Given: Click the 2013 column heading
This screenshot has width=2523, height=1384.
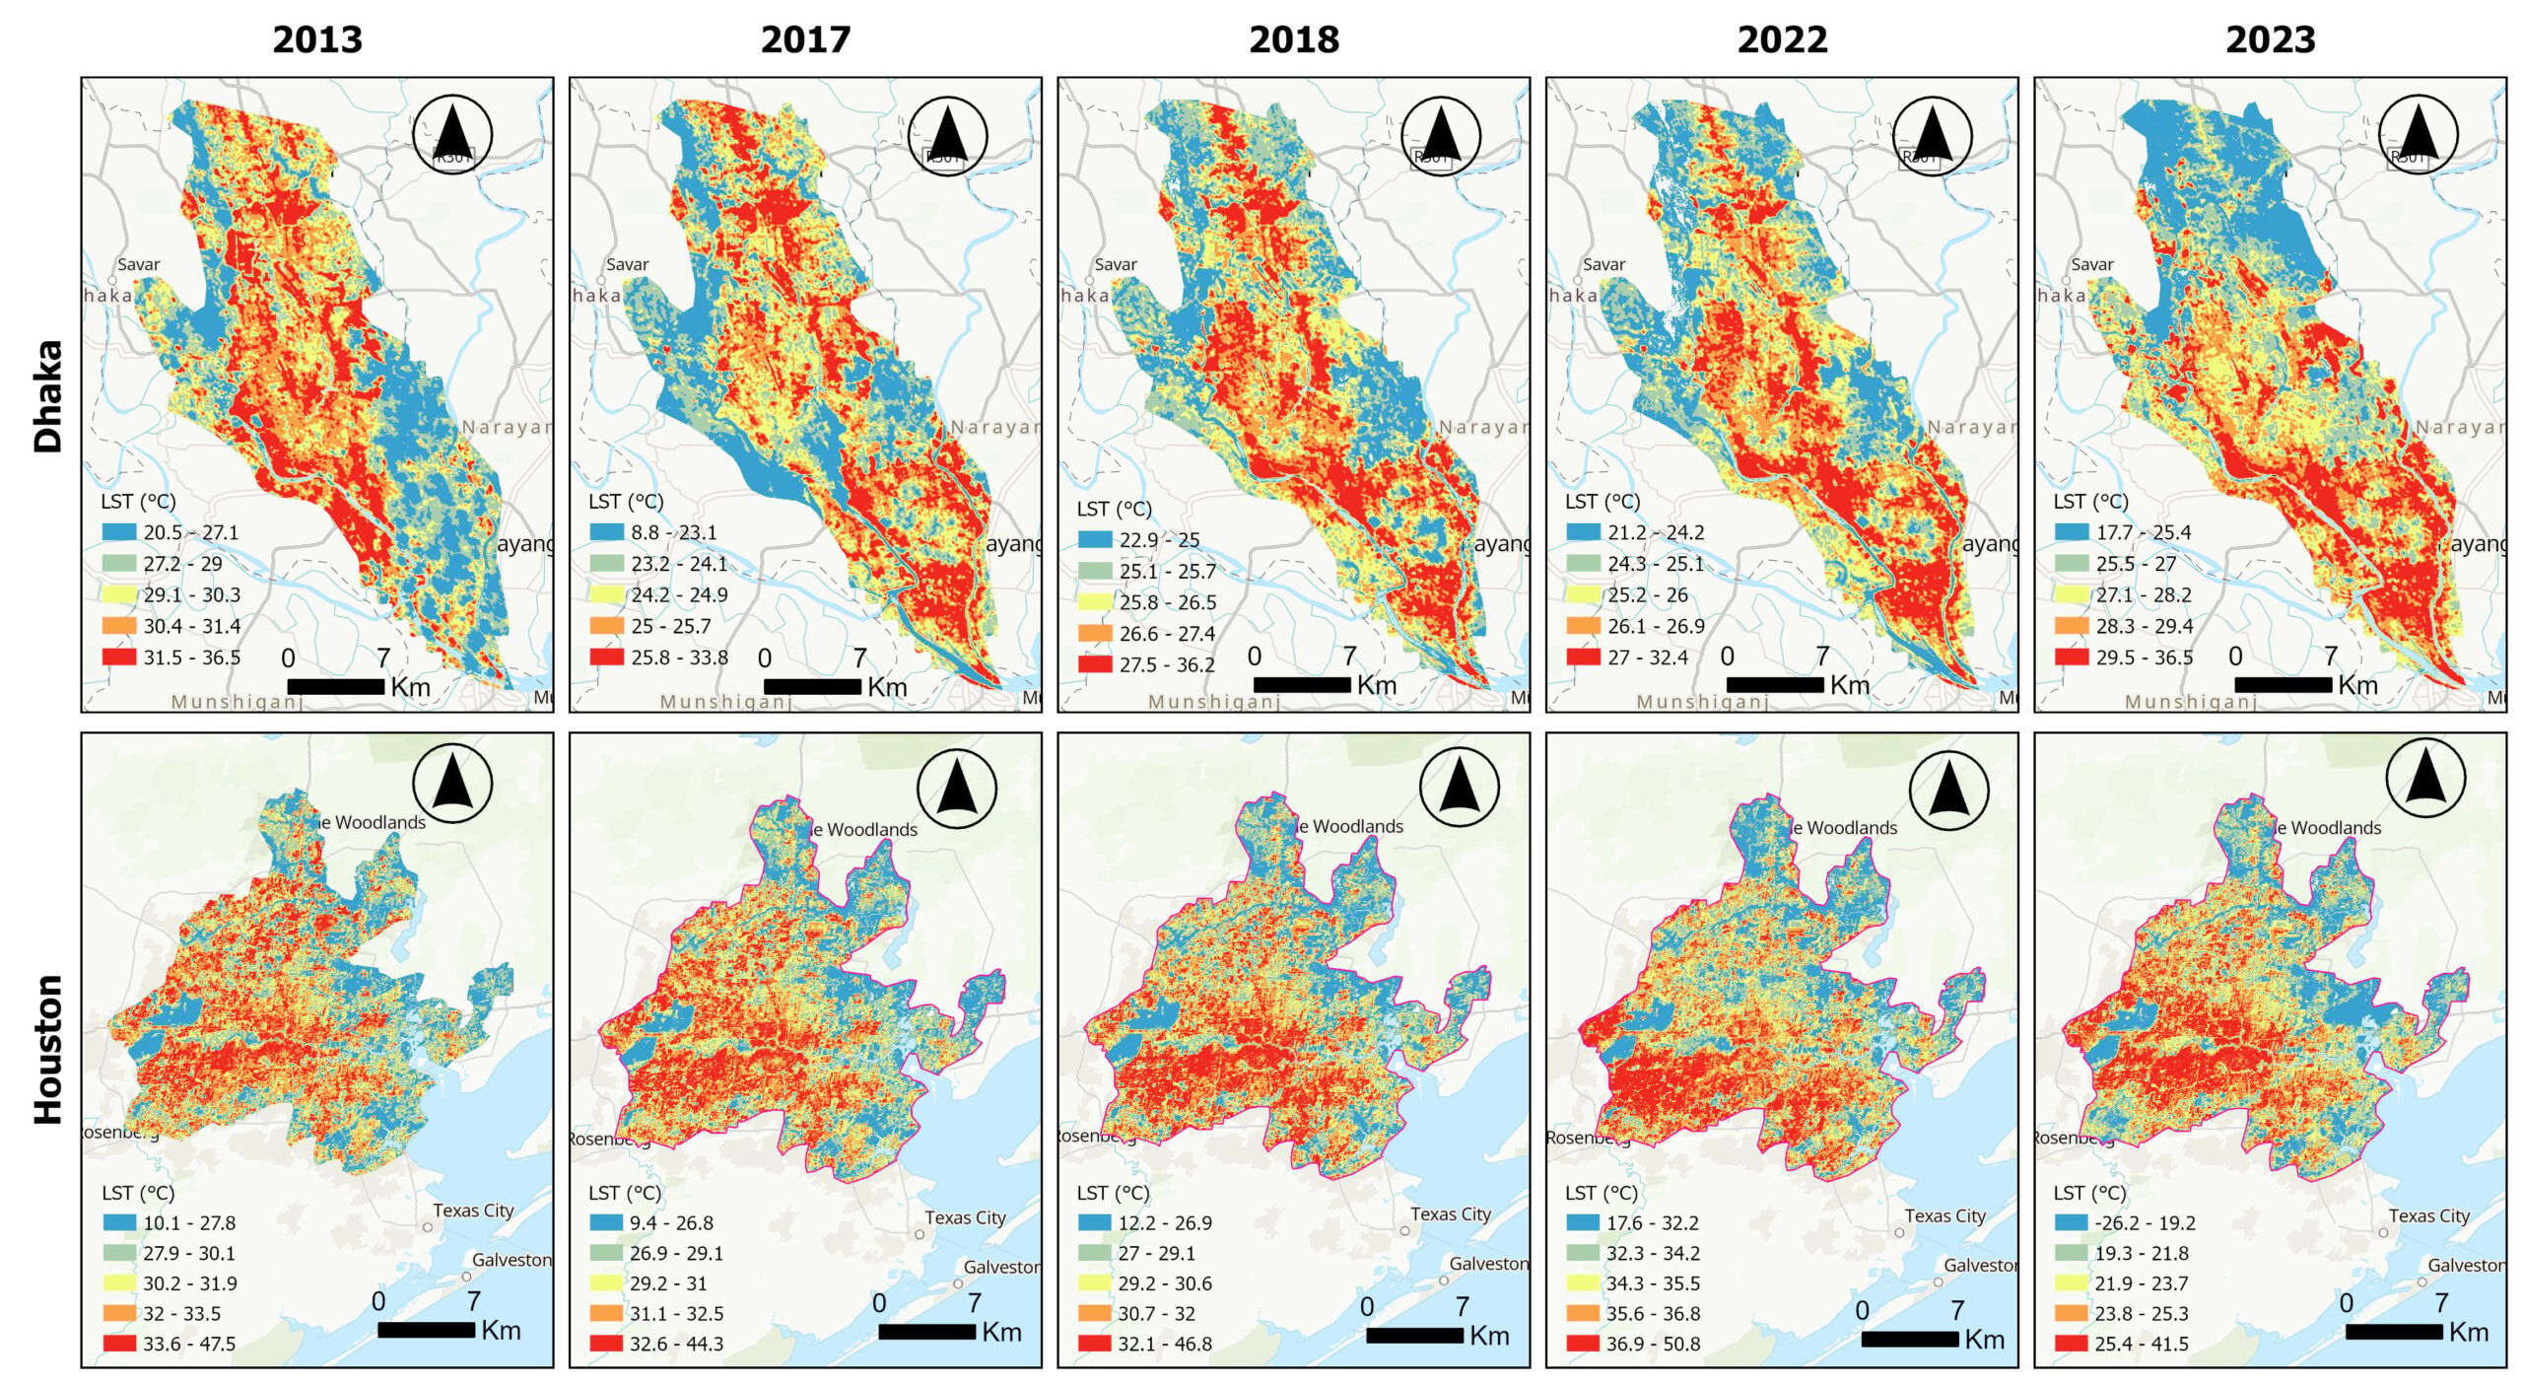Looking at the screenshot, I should pos(317,40).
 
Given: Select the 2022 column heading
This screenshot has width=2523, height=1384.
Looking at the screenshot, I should pos(1781,40).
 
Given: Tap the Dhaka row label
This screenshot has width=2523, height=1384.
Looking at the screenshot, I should pos(48,396).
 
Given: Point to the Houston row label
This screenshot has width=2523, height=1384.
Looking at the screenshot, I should pos(48,1049).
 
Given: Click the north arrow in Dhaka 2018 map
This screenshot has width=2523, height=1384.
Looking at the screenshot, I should pos(1440,136).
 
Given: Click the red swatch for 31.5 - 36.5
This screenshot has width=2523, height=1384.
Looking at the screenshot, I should pos(118,657).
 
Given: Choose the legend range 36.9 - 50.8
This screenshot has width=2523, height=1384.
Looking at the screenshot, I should pos(1653,1344).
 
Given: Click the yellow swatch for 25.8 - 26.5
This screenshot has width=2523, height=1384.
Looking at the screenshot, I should pos(1094,602).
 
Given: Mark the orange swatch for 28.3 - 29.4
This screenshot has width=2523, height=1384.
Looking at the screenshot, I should pos(2071,626).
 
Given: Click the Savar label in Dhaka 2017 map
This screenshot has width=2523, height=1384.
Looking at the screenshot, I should pos(627,264).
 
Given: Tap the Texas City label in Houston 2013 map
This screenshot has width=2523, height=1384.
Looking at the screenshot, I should pos(473,1211).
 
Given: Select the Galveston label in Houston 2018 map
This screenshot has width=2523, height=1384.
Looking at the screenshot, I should pos(1488,1264).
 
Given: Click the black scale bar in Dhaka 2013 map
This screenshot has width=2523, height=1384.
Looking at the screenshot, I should pos(335,686).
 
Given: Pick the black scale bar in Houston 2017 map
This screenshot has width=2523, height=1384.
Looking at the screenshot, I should pos(926,1331).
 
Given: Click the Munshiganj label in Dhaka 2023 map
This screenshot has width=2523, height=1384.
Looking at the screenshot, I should pos(2190,702).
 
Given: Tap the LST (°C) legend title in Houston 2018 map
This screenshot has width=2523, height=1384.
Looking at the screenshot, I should pos(1113,1193).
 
